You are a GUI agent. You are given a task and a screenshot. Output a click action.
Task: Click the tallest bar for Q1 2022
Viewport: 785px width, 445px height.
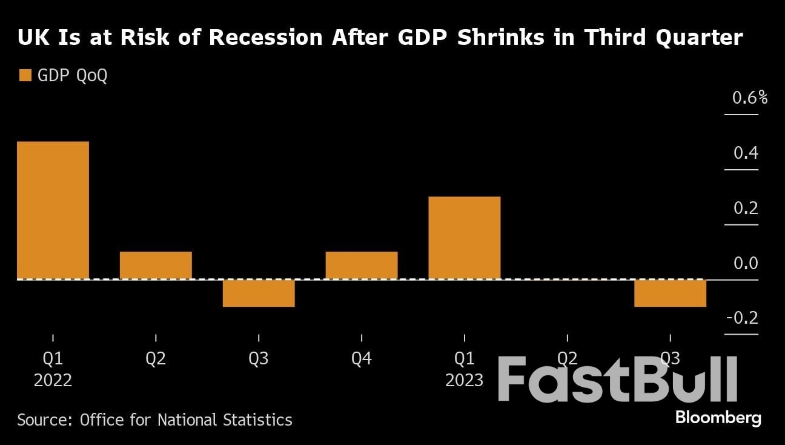(53, 210)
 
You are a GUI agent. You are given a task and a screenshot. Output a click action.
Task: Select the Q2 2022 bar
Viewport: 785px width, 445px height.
(156, 265)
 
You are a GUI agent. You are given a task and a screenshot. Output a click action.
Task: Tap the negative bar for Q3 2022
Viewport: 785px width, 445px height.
(259, 293)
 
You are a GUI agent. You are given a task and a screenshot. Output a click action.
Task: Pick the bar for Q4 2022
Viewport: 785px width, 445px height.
(362, 265)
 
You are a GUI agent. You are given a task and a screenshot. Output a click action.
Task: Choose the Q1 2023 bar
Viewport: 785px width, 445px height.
(465, 238)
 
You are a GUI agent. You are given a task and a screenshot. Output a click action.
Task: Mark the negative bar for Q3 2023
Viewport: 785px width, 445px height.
(670, 293)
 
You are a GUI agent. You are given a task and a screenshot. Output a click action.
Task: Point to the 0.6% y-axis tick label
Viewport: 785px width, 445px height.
(749, 98)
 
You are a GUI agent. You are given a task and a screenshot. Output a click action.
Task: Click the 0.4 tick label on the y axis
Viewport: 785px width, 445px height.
(746, 153)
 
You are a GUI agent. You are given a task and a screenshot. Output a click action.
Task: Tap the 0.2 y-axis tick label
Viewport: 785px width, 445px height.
(746, 208)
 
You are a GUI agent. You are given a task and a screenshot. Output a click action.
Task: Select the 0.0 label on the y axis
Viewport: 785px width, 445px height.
(746, 263)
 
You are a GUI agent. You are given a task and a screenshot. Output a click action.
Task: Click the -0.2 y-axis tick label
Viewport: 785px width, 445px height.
(742, 318)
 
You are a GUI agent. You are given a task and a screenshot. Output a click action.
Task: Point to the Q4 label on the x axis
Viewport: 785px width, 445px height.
(362, 359)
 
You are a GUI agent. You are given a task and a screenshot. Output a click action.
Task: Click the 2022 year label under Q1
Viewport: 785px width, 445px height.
(53, 381)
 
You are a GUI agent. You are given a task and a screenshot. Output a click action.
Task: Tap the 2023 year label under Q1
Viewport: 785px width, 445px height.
(465, 381)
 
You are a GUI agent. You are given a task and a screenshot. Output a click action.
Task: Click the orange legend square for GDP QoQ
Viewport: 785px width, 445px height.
(25, 76)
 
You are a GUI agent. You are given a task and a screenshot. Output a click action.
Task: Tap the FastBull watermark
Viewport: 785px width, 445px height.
(618, 380)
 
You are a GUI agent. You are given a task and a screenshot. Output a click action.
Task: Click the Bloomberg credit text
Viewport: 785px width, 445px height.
(718, 418)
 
